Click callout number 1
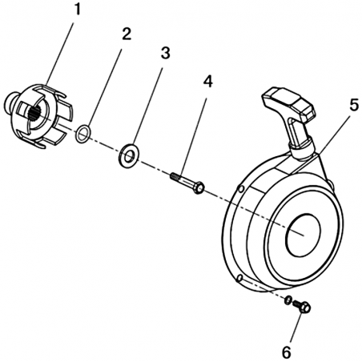tap(77, 10)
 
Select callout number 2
tap(127, 34)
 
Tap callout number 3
tap(165, 53)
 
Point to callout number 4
tap(208, 82)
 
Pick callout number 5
tap(354, 105)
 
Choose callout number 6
tap(287, 352)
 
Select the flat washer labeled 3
tap(128, 156)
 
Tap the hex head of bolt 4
tap(199, 187)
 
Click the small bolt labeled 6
tap(302, 307)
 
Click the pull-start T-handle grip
tap(289, 103)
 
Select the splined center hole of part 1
tap(35, 114)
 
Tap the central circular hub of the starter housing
tap(303, 235)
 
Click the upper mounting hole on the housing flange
tap(240, 189)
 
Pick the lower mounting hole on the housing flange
tap(239, 278)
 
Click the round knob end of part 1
tap(11, 101)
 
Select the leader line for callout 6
tap(296, 328)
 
